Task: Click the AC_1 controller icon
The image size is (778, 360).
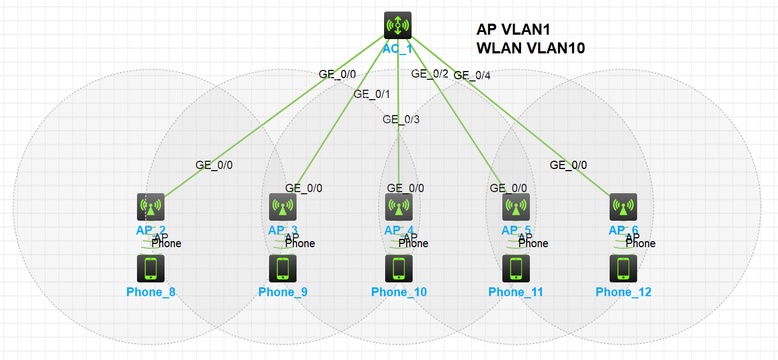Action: pos(397,25)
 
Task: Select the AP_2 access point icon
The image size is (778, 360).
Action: pos(151,207)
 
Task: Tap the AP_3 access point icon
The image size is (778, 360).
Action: pos(283,207)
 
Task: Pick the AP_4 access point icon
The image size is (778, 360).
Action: pos(399,207)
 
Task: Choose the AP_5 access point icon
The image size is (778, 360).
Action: pos(516,207)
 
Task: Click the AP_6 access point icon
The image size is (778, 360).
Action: pos(623,207)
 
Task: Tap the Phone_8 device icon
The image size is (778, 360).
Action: pos(151,268)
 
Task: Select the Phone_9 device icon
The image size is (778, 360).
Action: pos(283,268)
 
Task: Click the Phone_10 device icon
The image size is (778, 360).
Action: pos(399,268)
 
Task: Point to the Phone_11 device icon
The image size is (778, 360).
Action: pos(516,268)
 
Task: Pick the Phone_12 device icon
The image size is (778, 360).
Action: pos(623,268)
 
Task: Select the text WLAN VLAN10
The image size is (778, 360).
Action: pos(530,48)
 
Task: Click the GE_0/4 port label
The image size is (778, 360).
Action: pos(472,75)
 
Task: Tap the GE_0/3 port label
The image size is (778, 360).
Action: pos(401,119)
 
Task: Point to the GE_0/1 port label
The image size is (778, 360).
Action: pos(371,94)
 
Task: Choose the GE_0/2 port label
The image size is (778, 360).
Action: pos(430,73)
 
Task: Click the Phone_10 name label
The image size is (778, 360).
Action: pos(399,292)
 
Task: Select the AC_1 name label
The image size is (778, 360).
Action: pos(397,48)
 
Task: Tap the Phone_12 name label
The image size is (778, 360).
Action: pos(623,292)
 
